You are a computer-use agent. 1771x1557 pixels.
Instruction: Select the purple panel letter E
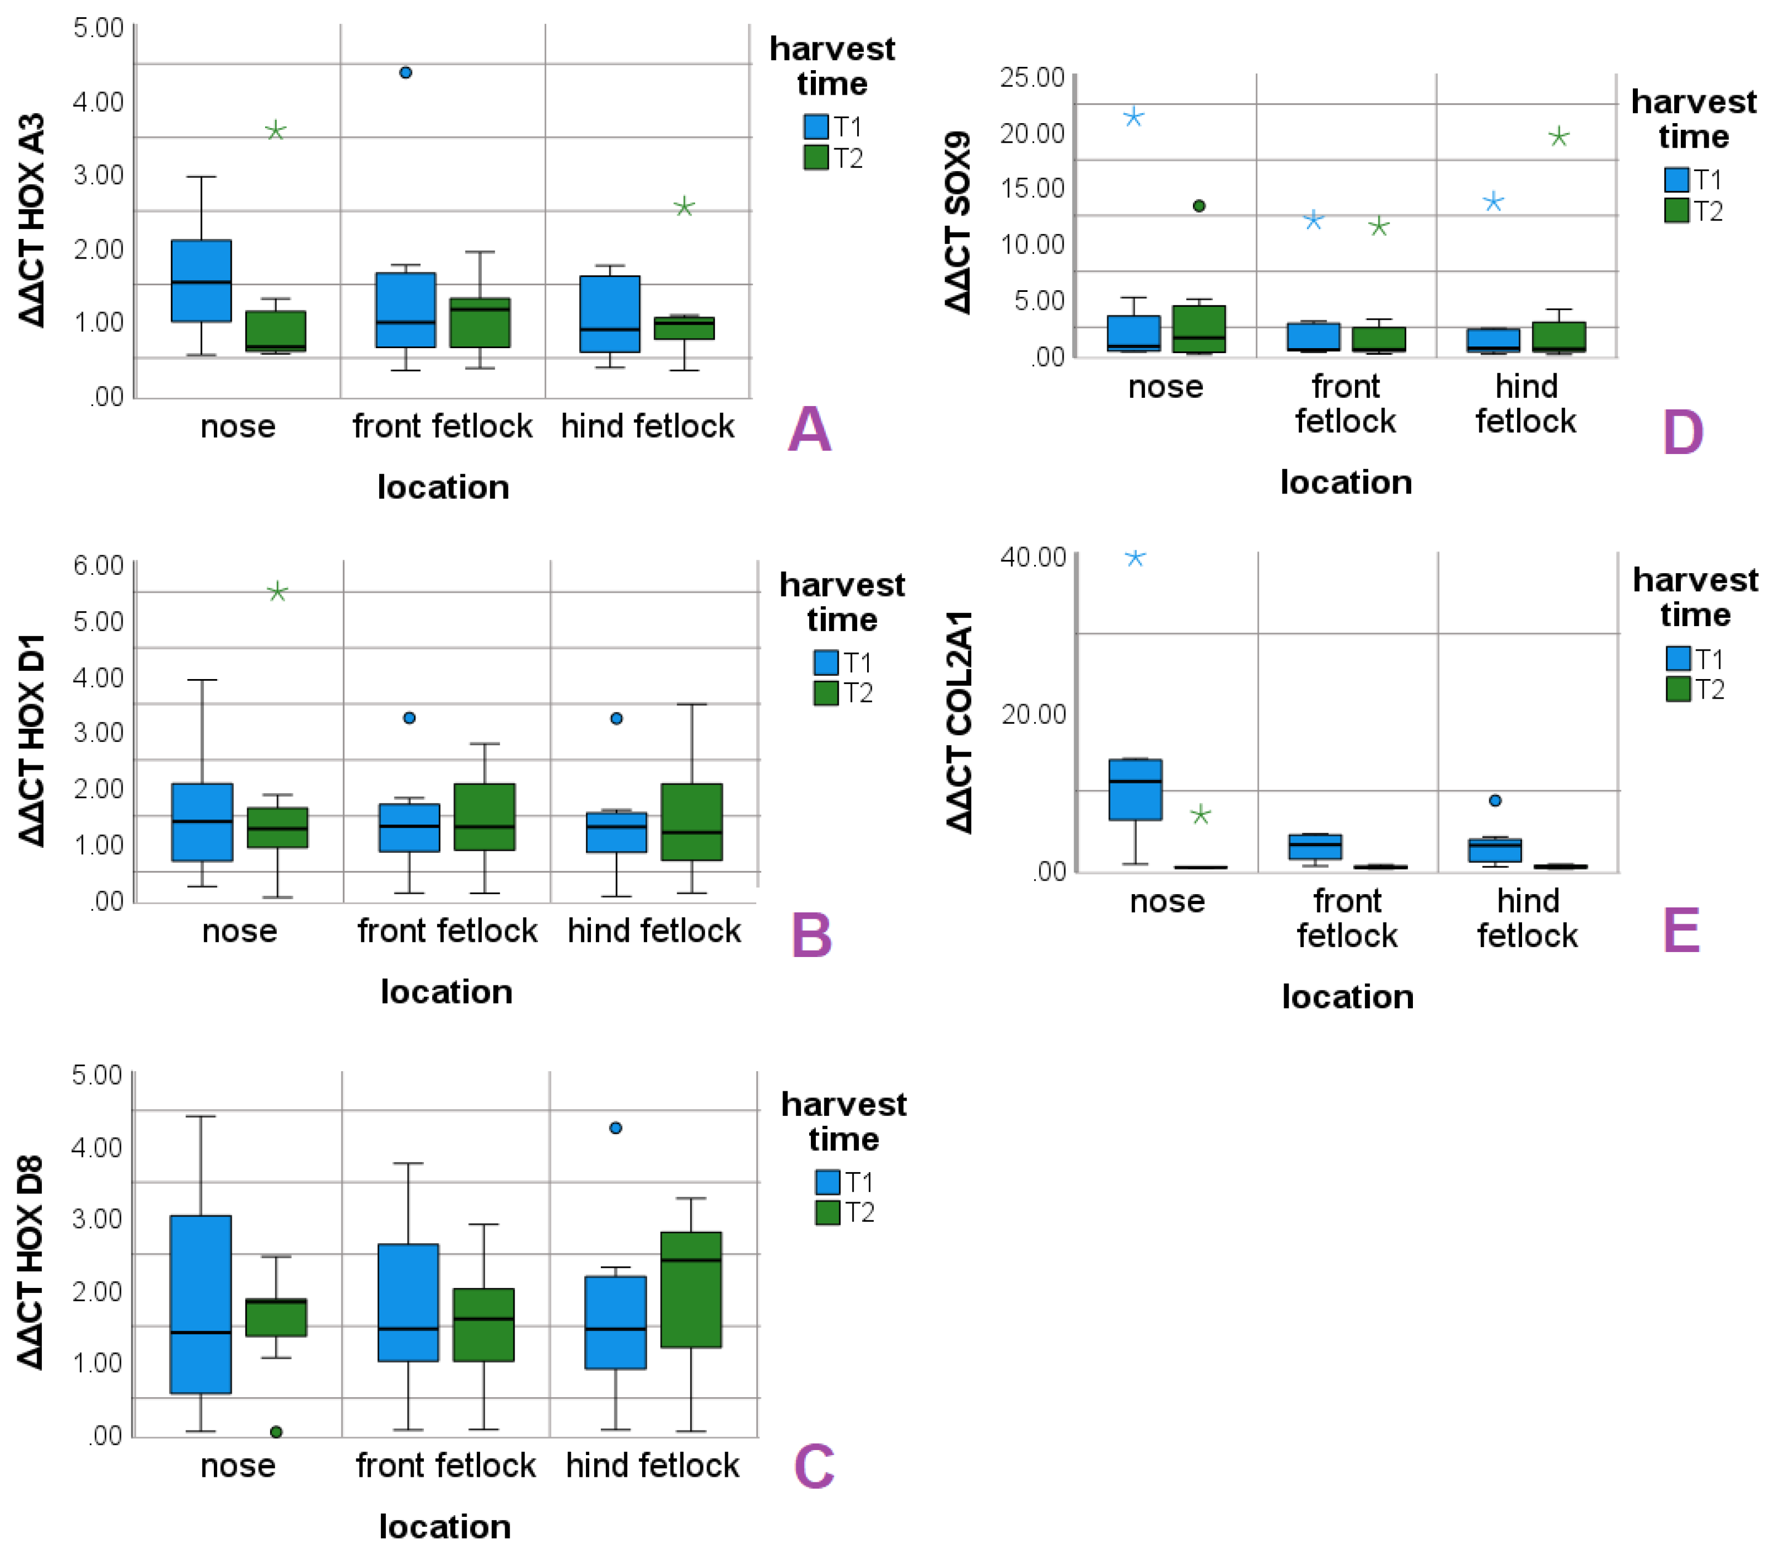tap(1681, 931)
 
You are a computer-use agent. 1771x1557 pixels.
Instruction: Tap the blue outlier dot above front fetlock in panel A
tap(405, 73)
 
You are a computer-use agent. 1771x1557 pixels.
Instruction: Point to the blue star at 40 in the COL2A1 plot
tap(1135, 558)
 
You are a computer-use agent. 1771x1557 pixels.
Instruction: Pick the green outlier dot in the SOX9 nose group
tap(1199, 206)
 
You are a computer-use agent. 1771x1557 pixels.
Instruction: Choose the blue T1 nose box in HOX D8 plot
tap(201, 1304)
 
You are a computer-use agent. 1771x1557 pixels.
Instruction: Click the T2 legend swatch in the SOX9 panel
tap(1676, 211)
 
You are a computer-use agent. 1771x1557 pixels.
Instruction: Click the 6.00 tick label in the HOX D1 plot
tap(99, 566)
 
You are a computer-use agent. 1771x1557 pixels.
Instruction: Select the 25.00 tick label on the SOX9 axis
tap(1032, 78)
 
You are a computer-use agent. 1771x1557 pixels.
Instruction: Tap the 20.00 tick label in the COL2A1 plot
tap(1034, 715)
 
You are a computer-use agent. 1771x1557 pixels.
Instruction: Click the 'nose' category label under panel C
tap(238, 1465)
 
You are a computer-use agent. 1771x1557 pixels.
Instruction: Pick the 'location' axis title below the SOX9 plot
tap(1346, 482)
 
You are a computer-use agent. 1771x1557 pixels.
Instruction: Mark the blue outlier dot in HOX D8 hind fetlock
tap(616, 1128)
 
